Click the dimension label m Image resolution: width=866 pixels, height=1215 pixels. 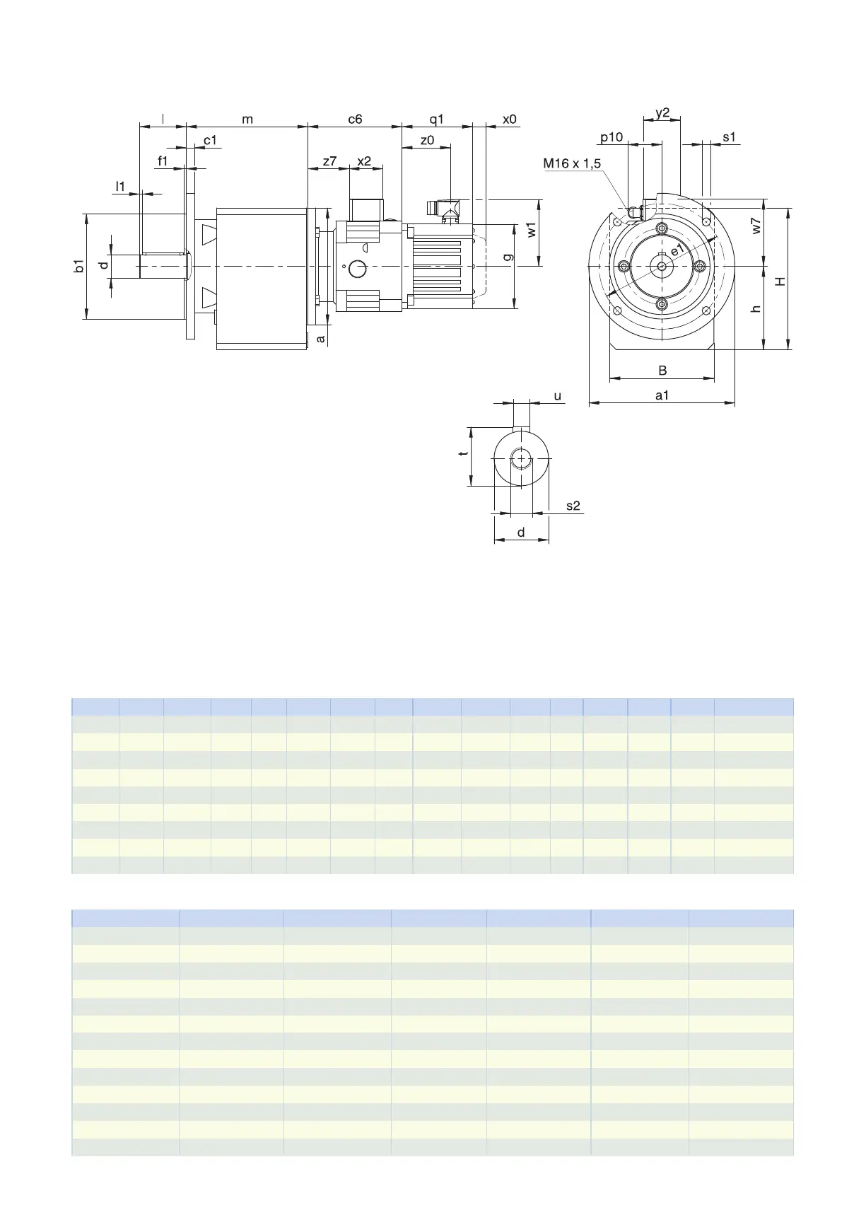tap(247, 120)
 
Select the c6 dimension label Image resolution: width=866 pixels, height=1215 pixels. tap(355, 119)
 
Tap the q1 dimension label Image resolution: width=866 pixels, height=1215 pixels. tap(437, 120)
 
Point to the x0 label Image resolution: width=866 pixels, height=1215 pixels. tap(510, 119)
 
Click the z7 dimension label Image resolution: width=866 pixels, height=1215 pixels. tap(329, 161)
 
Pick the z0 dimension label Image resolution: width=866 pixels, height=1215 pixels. tap(427, 140)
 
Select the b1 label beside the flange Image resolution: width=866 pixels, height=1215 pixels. tap(79, 266)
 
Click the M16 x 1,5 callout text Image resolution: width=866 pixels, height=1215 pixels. tap(572, 163)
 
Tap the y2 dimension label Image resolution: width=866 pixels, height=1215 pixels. tap(662, 113)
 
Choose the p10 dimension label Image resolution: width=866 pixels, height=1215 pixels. tap(612, 137)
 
